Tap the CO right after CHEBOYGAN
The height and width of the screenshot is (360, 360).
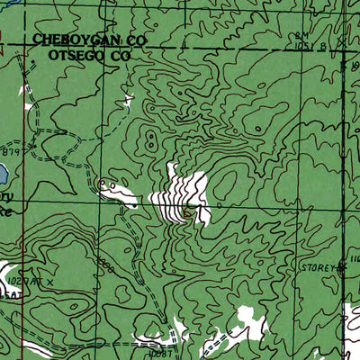click(136, 40)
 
